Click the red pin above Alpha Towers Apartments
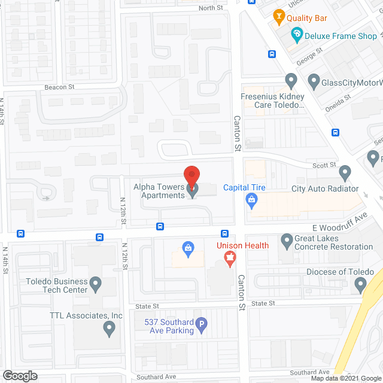click(191, 175)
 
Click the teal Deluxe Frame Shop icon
click(296, 36)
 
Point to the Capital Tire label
click(244, 187)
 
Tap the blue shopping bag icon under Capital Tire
click(252, 203)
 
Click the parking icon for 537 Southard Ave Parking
click(202, 326)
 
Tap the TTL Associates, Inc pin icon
click(109, 328)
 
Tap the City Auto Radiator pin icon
click(345, 174)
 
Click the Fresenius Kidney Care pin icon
click(291, 80)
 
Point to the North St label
click(211, 8)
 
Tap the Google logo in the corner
click(19, 375)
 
